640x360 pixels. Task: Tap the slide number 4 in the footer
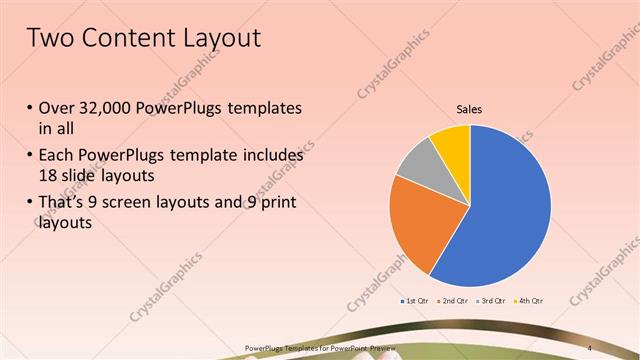[x=591, y=347]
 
